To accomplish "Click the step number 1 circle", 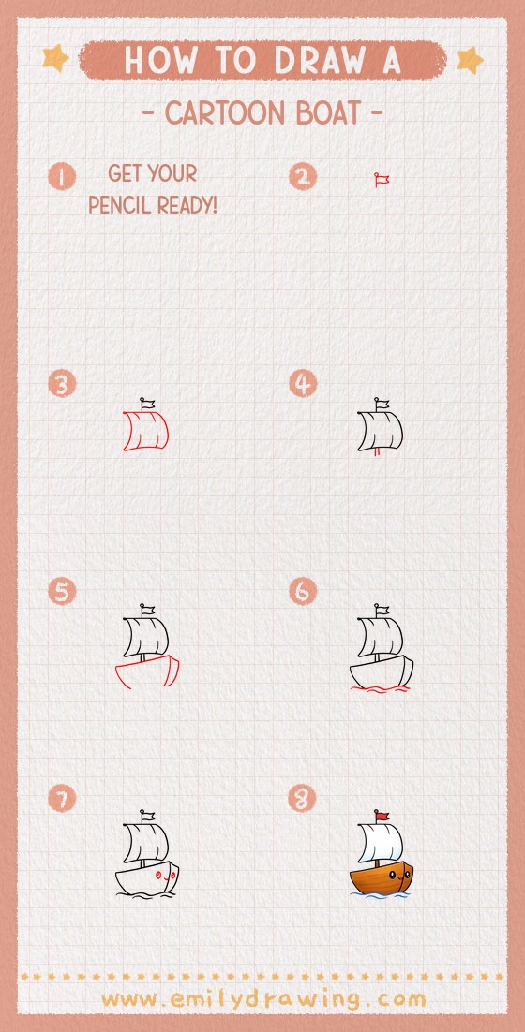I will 62,176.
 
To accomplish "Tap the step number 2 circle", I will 303,176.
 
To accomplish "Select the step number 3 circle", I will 62,384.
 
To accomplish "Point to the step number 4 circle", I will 303,384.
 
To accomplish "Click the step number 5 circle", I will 62,592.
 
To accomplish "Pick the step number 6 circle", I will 303,592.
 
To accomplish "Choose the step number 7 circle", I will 62,799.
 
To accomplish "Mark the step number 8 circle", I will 303,799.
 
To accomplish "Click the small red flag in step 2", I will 382,179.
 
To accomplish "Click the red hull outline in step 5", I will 146,671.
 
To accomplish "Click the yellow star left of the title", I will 56,59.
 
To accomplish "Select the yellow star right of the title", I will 469,61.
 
